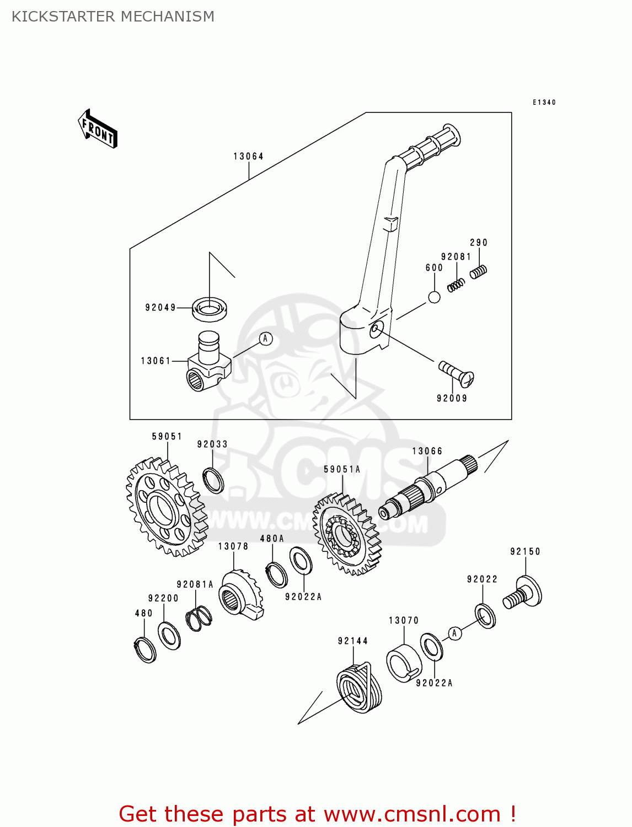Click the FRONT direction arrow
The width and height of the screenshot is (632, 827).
(98, 129)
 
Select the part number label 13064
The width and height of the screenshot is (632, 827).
(248, 157)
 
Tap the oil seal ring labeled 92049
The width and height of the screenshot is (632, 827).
(209, 309)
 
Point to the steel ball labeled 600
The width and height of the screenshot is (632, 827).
(435, 297)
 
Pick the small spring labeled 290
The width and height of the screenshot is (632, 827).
(478, 271)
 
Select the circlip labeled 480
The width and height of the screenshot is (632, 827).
(145, 649)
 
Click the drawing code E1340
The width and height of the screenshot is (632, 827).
(544, 103)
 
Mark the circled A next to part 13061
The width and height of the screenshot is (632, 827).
(265, 339)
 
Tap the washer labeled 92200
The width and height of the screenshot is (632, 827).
(169, 636)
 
